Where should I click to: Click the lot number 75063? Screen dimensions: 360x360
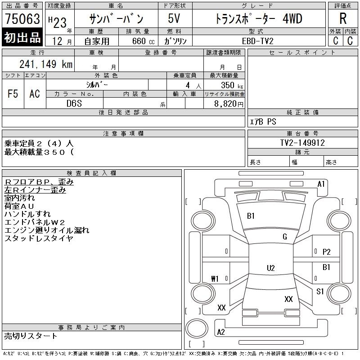point(22,19)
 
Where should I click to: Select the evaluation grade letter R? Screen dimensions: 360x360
point(343,18)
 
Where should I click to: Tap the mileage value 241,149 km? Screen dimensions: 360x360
point(45,64)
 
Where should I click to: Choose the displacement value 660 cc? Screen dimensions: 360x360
point(140,40)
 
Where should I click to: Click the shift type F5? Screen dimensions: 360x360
point(13,94)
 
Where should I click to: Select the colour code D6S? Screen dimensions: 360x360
point(74,103)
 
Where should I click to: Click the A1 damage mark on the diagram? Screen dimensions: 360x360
point(321,184)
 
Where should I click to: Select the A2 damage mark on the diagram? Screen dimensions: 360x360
point(221,332)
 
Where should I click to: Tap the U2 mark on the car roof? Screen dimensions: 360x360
point(270,268)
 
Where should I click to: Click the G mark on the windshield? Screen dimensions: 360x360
point(284,237)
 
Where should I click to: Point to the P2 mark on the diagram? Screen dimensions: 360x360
point(327,252)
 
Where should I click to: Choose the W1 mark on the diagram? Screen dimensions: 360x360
point(215,279)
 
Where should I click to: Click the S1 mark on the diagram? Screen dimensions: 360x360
point(320,292)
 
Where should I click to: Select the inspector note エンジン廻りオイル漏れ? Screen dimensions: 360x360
point(47,230)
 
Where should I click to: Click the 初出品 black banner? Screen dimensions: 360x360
point(22,38)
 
